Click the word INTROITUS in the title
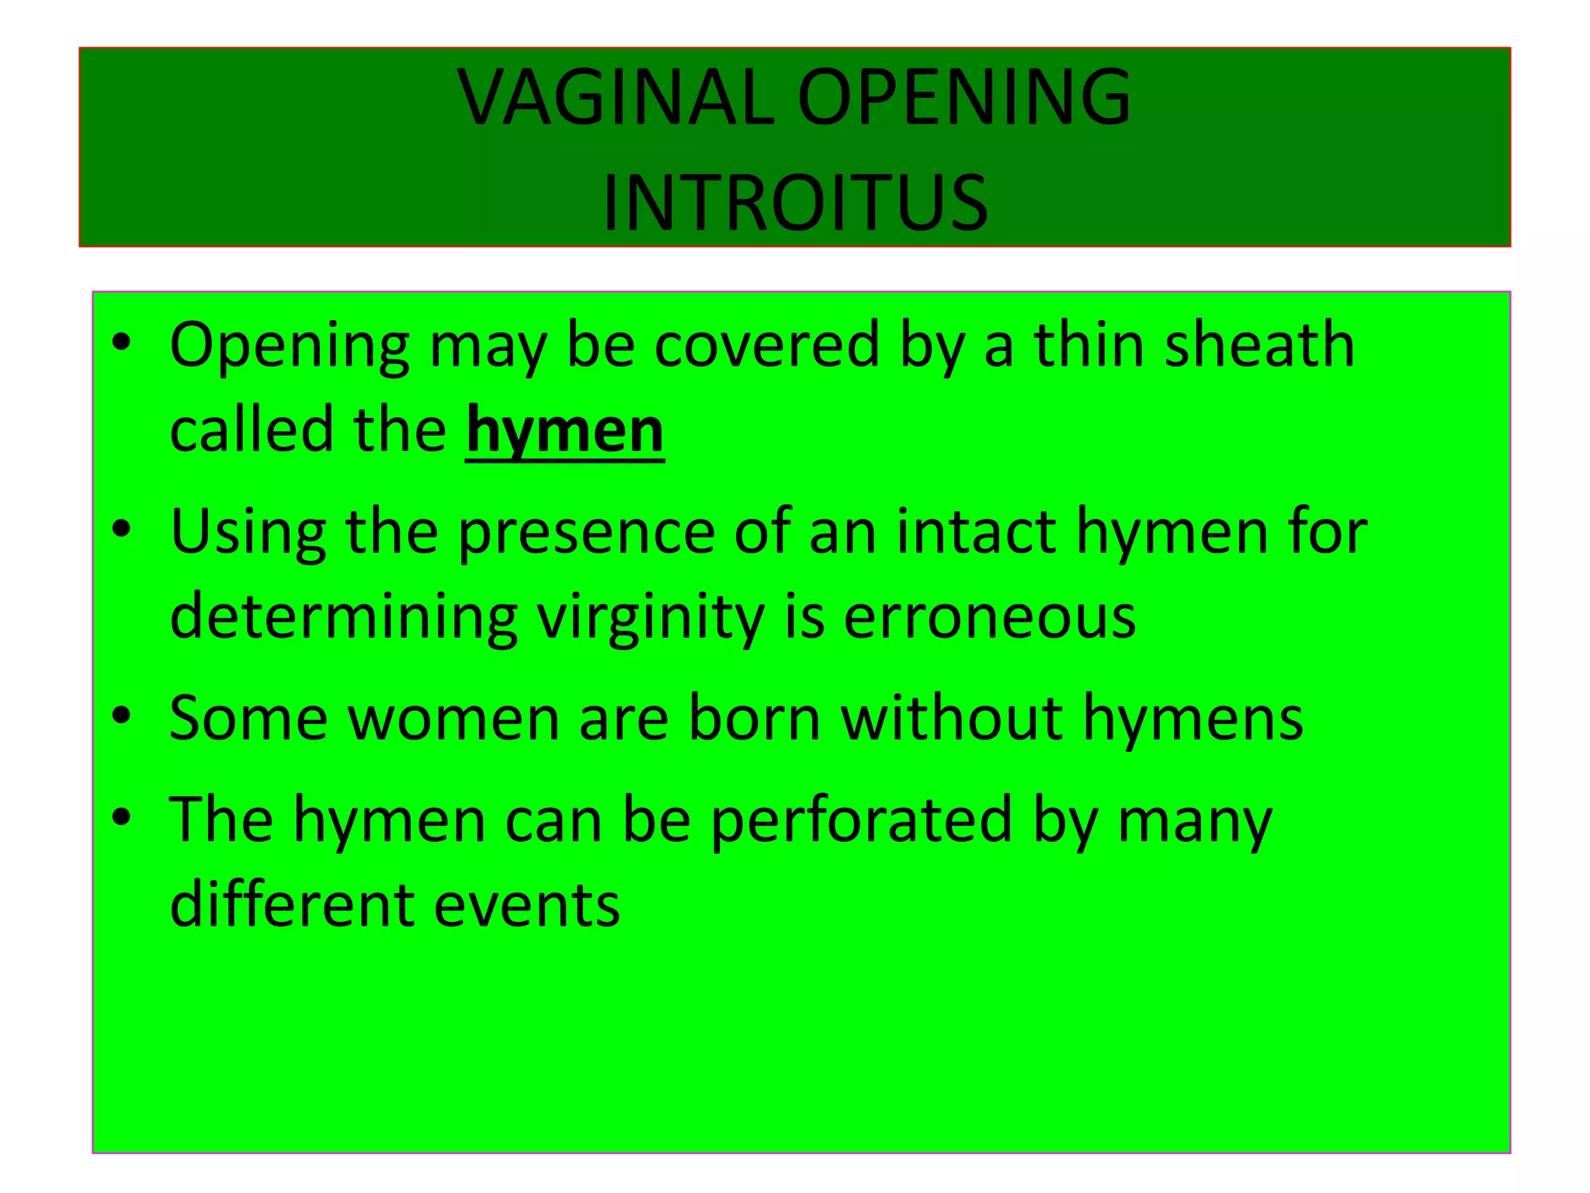[795, 203]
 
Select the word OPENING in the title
[964, 98]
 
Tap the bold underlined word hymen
[564, 432]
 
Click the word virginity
[651, 617]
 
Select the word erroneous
[989, 617]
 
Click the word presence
[586, 532]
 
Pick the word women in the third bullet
[453, 718]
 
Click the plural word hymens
[1192, 718]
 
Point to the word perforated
[861, 820]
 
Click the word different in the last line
[292, 906]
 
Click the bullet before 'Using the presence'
[121, 530]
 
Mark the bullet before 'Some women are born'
[121, 716]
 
